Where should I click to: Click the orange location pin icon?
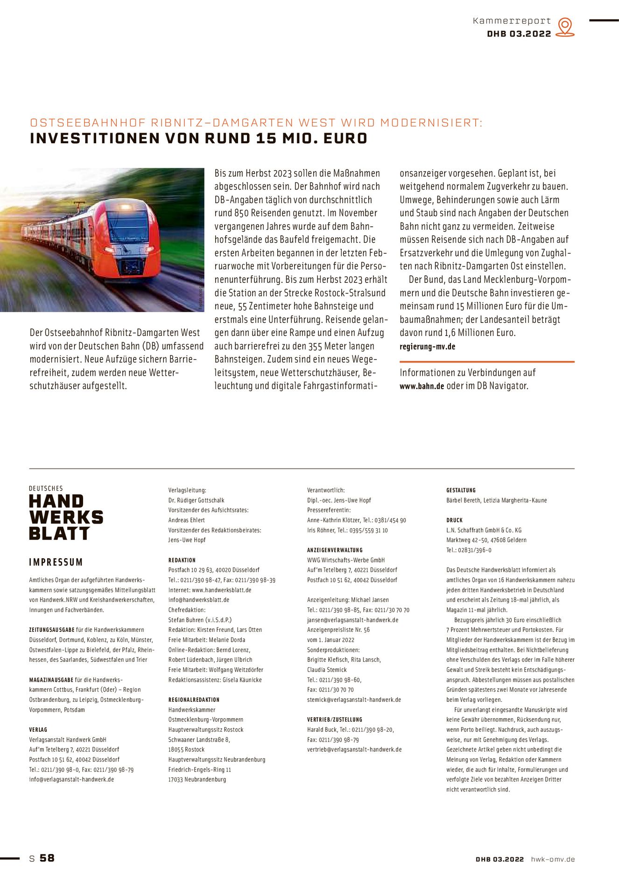pos(565,27)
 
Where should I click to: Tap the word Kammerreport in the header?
pos(512,21)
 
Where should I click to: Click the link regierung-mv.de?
pos(427,347)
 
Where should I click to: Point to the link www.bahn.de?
pos(422,386)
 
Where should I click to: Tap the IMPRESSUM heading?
pos(56,562)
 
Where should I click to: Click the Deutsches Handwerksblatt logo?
pos(66,513)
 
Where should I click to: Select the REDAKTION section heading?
pos(182,560)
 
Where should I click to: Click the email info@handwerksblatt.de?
pos(199,600)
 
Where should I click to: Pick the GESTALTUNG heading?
pos(461,490)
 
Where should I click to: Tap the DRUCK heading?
pos(454,520)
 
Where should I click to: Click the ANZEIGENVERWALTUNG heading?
pos(335,550)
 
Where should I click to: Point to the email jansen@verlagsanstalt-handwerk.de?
pos(352,620)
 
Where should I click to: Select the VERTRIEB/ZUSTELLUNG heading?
pos(334,720)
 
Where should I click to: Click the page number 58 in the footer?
pos(47,858)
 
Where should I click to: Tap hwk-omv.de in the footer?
pos(553,859)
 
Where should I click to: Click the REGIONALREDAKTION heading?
pos(194,700)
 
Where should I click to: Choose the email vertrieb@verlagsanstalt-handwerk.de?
pos(354,749)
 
